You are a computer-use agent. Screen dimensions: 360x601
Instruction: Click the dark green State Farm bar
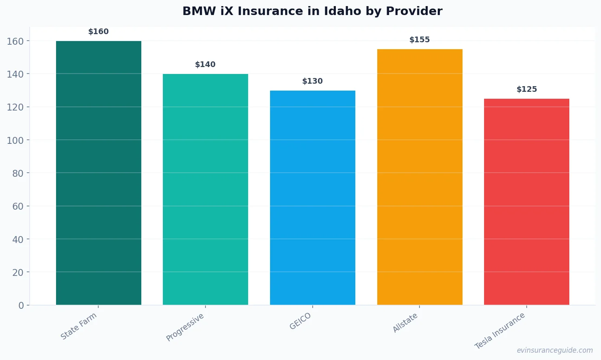pos(99,173)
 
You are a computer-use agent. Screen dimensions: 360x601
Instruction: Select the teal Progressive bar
pos(205,189)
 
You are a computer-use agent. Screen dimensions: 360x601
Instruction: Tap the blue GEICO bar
pos(313,197)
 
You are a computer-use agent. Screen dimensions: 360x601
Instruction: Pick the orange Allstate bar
pos(419,177)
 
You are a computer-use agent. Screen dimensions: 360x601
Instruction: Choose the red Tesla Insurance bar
pos(527,202)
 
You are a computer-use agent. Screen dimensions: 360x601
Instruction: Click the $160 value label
pos(99,32)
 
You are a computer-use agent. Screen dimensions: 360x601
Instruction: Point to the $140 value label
pos(205,65)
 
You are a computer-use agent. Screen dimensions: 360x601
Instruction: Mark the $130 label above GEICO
pos(313,81)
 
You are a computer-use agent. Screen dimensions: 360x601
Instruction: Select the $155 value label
pos(419,40)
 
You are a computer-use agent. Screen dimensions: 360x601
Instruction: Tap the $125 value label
pos(527,89)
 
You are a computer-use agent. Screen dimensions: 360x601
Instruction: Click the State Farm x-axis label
pos(79,326)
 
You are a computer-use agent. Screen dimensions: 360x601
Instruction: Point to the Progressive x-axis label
pos(185,327)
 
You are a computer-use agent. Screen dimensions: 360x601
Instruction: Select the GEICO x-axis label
pos(300,321)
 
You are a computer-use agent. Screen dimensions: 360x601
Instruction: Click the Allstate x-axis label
pos(405,323)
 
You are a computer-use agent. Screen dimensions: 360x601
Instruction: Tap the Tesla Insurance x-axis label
pos(500,331)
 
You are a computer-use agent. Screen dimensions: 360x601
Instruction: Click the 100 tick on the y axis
pos(15,140)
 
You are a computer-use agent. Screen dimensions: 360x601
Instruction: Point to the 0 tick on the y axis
pos(21,306)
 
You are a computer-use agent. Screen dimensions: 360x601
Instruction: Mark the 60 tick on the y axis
pos(18,206)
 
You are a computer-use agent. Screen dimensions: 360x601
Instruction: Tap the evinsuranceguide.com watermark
pos(555,350)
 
